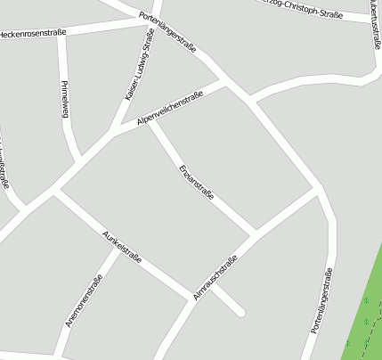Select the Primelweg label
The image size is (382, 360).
(x=64, y=99)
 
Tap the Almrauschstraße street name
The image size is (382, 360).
(x=215, y=277)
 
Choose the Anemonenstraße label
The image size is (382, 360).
(x=84, y=299)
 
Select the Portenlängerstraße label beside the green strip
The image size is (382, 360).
(x=323, y=299)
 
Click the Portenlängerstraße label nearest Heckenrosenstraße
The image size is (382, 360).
(x=168, y=32)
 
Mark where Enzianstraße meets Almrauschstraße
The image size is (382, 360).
(x=256, y=233)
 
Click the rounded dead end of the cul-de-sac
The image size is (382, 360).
(x=240, y=312)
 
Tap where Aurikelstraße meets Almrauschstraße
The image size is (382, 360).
(x=192, y=298)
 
